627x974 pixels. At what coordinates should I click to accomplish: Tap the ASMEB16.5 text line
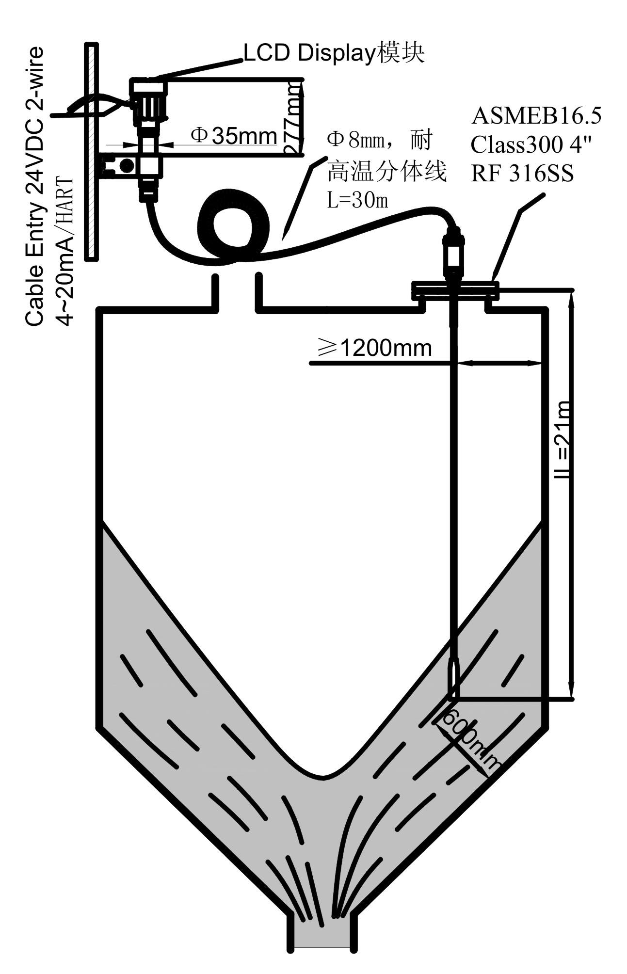[536, 116]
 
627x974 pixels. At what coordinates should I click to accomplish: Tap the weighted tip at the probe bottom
[454, 678]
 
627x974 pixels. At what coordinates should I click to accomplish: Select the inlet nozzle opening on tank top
[237, 291]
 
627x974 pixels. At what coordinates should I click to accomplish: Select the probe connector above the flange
[453, 252]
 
